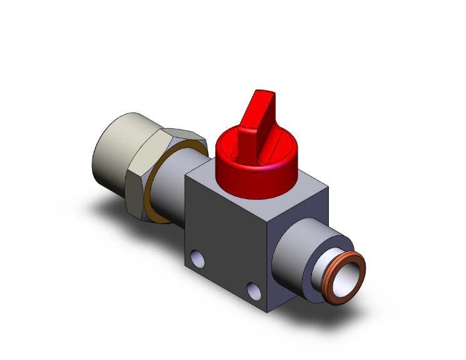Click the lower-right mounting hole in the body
click(254, 290)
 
